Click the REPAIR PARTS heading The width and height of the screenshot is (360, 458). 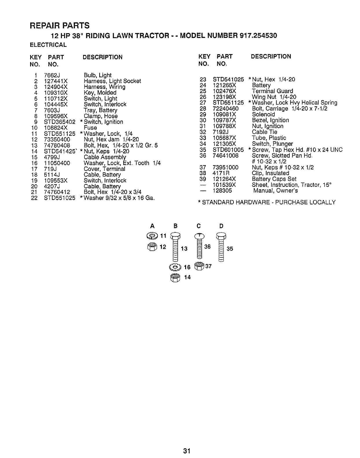click(x=60, y=25)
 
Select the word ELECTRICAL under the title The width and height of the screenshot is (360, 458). click(x=48, y=45)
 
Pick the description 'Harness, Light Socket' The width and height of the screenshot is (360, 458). click(x=112, y=81)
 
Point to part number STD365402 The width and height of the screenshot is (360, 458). click(x=60, y=122)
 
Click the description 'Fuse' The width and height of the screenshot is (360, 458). click(x=90, y=128)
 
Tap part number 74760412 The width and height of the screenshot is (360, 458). click(x=57, y=192)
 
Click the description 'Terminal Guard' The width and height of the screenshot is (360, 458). click(x=272, y=91)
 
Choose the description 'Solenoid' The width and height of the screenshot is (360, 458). click(x=263, y=114)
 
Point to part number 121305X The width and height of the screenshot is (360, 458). click(x=224, y=144)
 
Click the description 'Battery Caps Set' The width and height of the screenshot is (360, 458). click(x=274, y=179)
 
